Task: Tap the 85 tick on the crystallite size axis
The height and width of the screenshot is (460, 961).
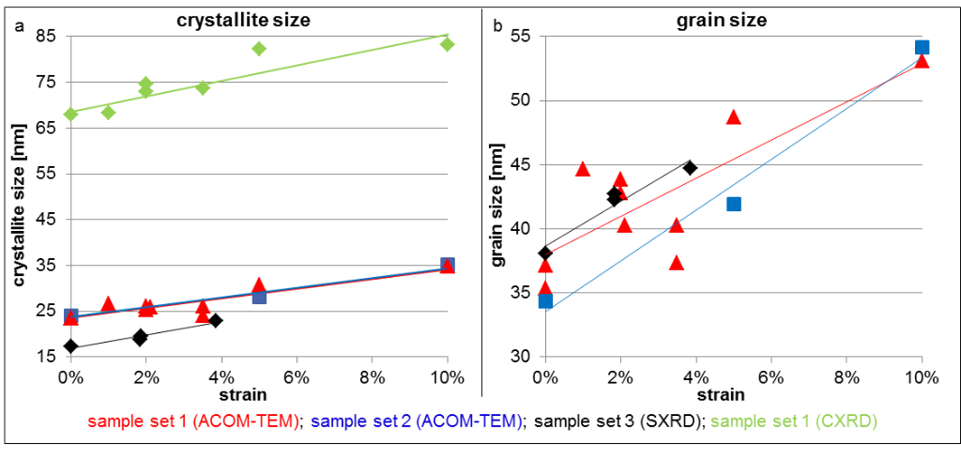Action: (x=45, y=37)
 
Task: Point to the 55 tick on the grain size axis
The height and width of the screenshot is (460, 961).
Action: (x=518, y=37)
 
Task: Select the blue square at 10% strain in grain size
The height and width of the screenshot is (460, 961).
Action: (x=922, y=47)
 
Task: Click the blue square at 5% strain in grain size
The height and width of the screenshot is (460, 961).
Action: (x=734, y=204)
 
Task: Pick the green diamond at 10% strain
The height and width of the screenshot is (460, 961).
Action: (x=447, y=44)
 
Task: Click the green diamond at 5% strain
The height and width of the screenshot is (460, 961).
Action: (x=259, y=48)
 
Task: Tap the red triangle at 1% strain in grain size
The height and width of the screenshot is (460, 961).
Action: (x=583, y=169)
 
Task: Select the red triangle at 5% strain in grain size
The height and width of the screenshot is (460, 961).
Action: (x=734, y=117)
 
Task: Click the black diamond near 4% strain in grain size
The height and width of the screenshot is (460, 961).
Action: (x=690, y=168)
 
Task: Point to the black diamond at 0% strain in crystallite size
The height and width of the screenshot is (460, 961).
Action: (x=70, y=346)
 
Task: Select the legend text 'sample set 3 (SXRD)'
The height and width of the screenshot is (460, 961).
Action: (x=620, y=422)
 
